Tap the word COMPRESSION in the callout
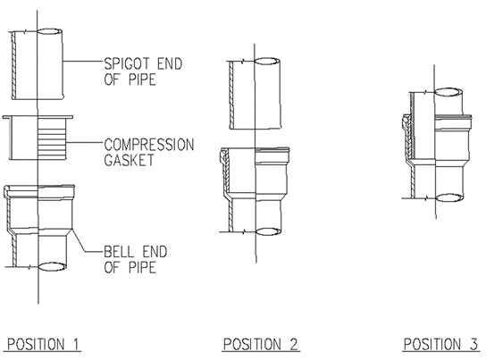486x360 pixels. [x=149, y=145]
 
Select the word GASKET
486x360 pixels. [x=129, y=160]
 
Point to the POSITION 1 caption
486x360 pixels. [x=43, y=345]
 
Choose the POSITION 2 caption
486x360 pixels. [x=260, y=345]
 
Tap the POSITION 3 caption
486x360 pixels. [x=440, y=345]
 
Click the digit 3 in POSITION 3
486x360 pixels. [x=473, y=345]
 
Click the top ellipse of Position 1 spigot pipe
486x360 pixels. [x=50, y=31]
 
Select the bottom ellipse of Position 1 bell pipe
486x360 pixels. [x=53, y=266]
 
